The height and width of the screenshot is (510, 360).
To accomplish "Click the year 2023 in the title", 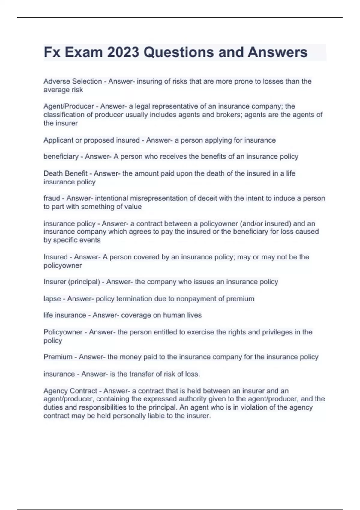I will (123, 52).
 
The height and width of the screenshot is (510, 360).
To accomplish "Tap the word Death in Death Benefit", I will (53, 173).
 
